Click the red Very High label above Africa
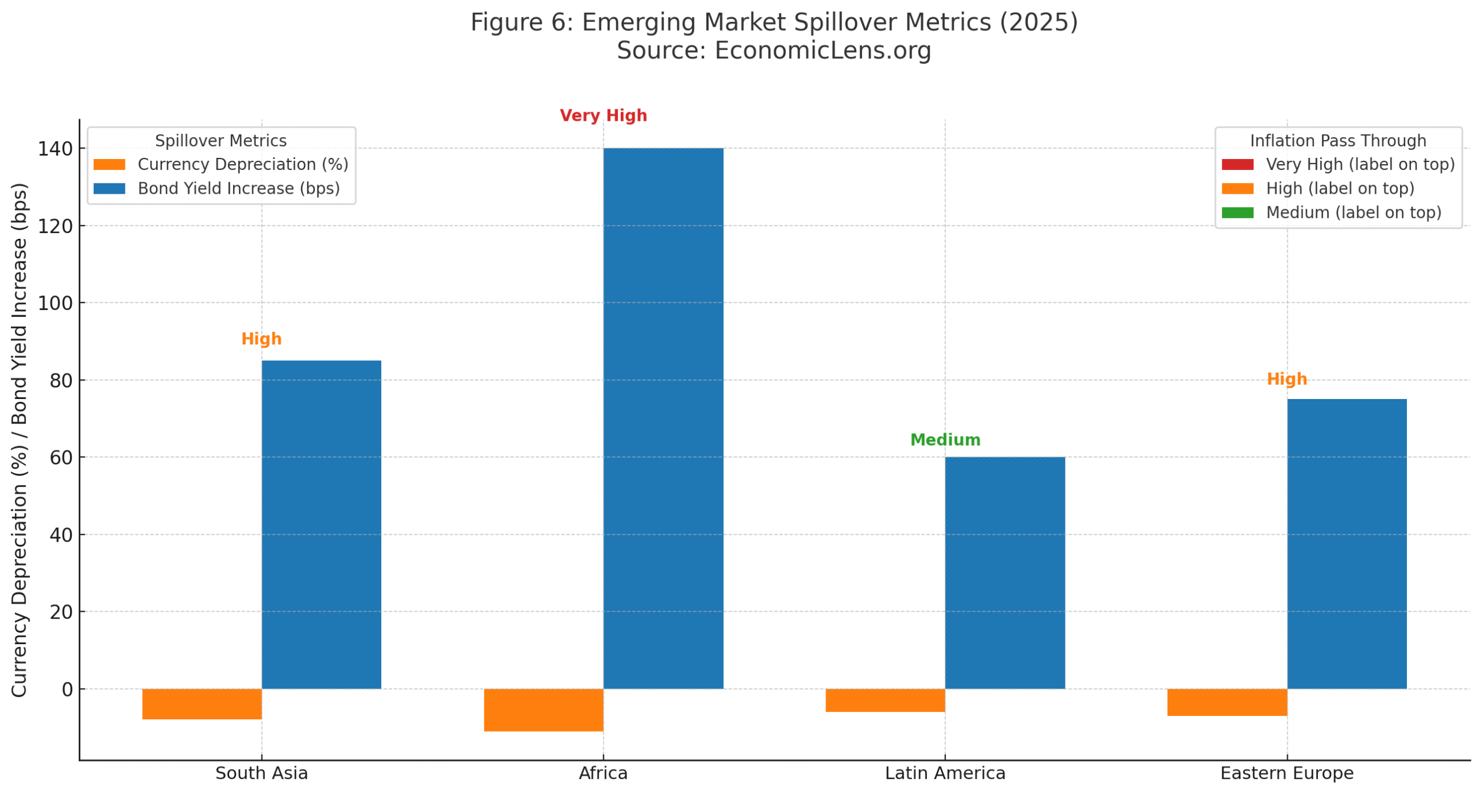point(602,115)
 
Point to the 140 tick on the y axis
point(55,148)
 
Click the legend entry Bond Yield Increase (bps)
point(238,188)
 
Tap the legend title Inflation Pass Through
point(1337,140)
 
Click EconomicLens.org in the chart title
point(821,50)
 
